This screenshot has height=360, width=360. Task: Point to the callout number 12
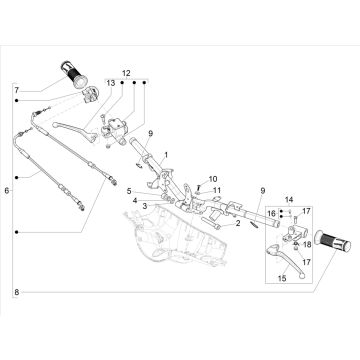(x=127, y=74)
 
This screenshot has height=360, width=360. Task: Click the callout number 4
(x=133, y=200)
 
